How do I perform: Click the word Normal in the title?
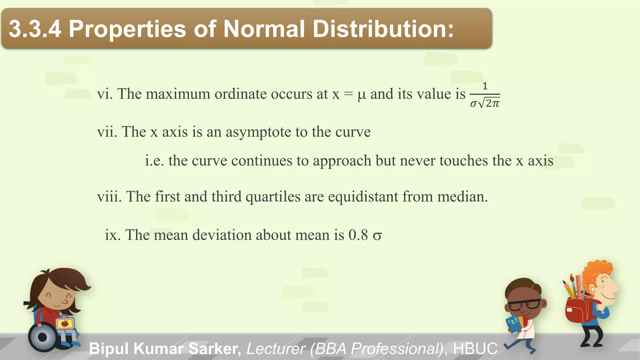pyautogui.click(x=264, y=29)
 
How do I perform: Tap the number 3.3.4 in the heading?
pyautogui.click(x=35, y=29)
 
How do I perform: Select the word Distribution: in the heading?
pyautogui.click(x=383, y=29)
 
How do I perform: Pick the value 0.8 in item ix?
pyautogui.click(x=358, y=235)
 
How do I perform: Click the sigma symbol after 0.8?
pyautogui.click(x=377, y=236)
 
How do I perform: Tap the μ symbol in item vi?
pyautogui.click(x=362, y=94)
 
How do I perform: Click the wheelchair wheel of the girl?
pyautogui.click(x=42, y=337)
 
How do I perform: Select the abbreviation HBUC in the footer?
pyautogui.click(x=475, y=349)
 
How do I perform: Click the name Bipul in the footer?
pyautogui.click(x=109, y=349)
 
